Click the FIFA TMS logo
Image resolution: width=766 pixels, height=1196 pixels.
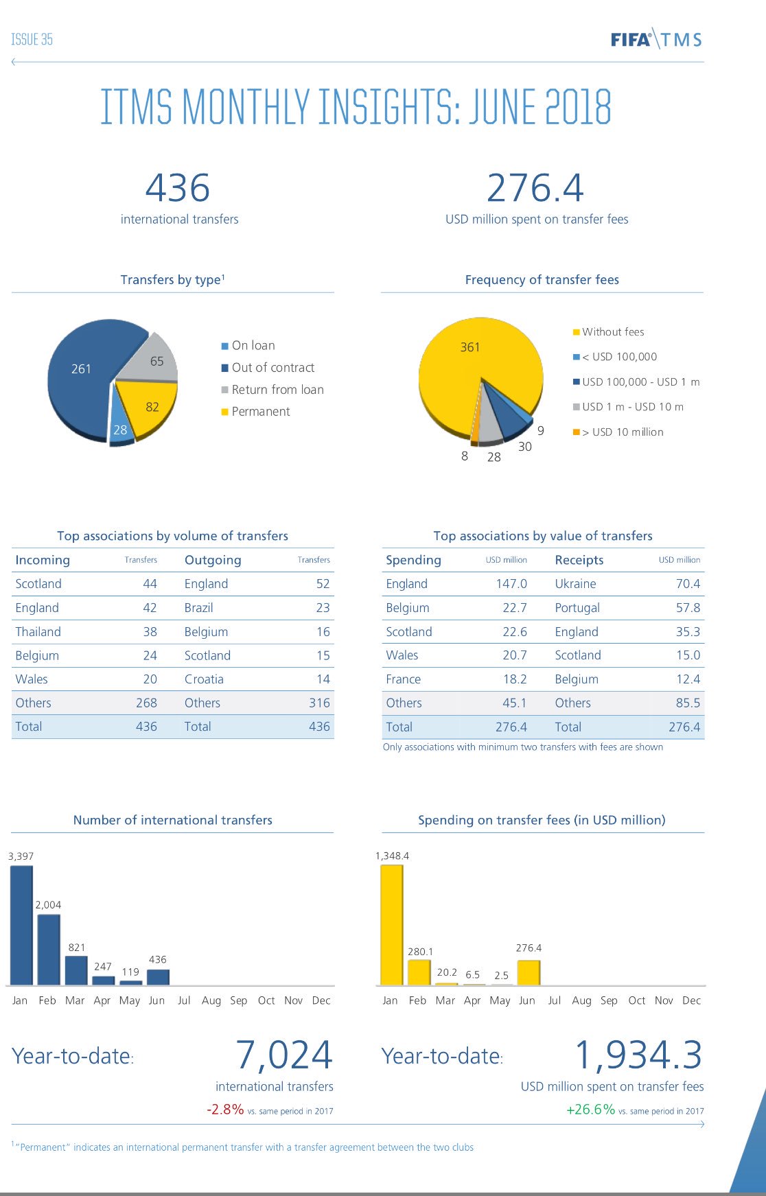[x=656, y=39]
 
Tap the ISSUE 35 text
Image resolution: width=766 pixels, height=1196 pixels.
[x=32, y=39]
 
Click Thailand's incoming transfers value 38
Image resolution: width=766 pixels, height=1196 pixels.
[x=150, y=632]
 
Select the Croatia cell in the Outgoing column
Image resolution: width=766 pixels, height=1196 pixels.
[x=204, y=679]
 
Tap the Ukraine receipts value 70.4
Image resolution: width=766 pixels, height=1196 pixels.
[x=688, y=584]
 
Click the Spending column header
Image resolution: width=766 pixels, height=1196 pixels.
[x=413, y=560]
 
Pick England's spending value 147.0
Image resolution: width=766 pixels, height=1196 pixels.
[x=511, y=584]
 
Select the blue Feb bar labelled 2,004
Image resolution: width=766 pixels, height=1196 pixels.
[x=49, y=950]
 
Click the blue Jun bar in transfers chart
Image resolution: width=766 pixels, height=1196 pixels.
[x=158, y=976]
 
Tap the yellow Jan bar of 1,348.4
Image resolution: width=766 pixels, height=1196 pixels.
[x=391, y=925]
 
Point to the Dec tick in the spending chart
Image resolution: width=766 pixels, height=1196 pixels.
[x=691, y=1000]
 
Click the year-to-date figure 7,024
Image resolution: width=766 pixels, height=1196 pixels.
[x=283, y=1055]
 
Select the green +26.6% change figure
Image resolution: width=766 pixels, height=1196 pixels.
[x=590, y=1110]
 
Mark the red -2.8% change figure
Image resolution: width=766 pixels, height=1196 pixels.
[x=225, y=1110]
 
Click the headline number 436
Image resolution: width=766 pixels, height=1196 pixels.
[x=178, y=188]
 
